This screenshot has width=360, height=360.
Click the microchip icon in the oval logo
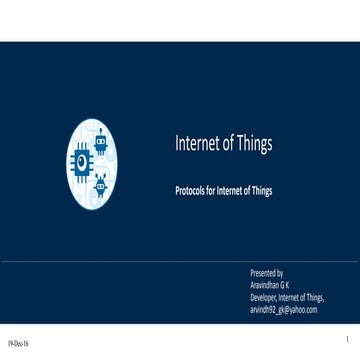pyautogui.click(x=82, y=160)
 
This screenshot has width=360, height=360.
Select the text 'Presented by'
pyautogui.click(x=266, y=272)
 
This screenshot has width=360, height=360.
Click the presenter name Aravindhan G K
pyautogui.click(x=270, y=284)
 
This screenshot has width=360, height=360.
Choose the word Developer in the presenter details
pyautogui.click(x=264, y=297)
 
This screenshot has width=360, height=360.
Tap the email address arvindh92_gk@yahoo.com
pyautogui.click(x=283, y=310)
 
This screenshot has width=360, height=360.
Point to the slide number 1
pyautogui.click(x=343, y=340)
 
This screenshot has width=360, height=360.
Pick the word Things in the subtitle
pyautogui.click(x=260, y=189)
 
